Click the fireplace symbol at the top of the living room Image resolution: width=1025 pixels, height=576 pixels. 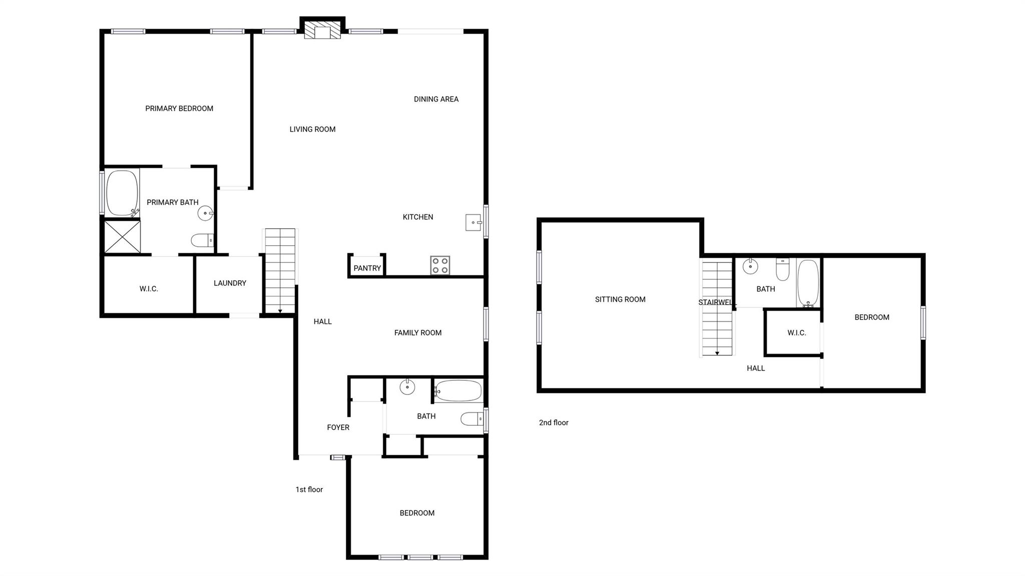pos(322,30)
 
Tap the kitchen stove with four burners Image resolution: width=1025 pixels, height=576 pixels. pos(440,265)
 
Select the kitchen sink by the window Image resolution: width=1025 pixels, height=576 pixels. pos(473,222)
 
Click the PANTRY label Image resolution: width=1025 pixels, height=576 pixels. pos(367,268)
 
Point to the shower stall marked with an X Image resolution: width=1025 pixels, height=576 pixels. pos(123,236)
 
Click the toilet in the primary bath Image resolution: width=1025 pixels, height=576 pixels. pos(203,241)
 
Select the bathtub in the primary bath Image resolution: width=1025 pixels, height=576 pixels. pos(122,193)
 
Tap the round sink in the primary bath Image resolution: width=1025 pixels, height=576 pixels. pos(205,213)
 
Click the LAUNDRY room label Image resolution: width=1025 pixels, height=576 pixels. pos(230,283)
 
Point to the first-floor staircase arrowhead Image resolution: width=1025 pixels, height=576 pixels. pos(280,311)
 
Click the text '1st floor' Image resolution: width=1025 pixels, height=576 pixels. pos(309,489)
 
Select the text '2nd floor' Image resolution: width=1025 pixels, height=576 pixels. pos(553,422)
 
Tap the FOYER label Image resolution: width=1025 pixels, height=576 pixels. pos(338,427)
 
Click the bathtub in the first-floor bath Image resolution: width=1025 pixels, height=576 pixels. pos(458,391)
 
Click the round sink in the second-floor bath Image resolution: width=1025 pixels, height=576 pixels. pos(750,266)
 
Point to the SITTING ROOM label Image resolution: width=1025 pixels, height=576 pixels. pos(620,299)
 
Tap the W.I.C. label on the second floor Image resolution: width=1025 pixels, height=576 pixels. pos(796,333)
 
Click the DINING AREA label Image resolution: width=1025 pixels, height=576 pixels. pos(436,99)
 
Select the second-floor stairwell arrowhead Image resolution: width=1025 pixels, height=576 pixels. pos(717,353)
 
